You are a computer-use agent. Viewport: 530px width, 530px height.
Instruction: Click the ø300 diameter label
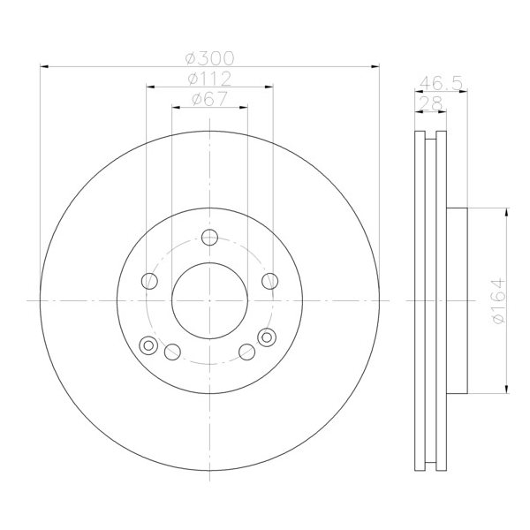pyautogui.click(x=209, y=58)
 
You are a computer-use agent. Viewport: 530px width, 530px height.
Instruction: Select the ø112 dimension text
pyautogui.click(x=209, y=79)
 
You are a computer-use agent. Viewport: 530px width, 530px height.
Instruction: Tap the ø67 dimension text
pyautogui.click(x=209, y=99)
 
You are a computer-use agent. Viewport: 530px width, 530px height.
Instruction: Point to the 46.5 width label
pyautogui.click(x=441, y=83)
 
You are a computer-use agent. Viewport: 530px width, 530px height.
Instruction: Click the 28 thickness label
pyautogui.click(x=430, y=103)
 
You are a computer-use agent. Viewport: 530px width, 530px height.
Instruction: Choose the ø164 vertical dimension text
pyautogui.click(x=499, y=300)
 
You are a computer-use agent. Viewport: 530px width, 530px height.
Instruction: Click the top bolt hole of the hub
pyautogui.click(x=209, y=237)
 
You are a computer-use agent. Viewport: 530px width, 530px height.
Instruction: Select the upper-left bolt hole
pyautogui.click(x=149, y=281)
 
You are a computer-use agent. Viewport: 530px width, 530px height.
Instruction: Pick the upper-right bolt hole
pyautogui.click(x=270, y=281)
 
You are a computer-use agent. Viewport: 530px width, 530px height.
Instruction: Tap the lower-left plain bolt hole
pyautogui.click(x=172, y=352)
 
